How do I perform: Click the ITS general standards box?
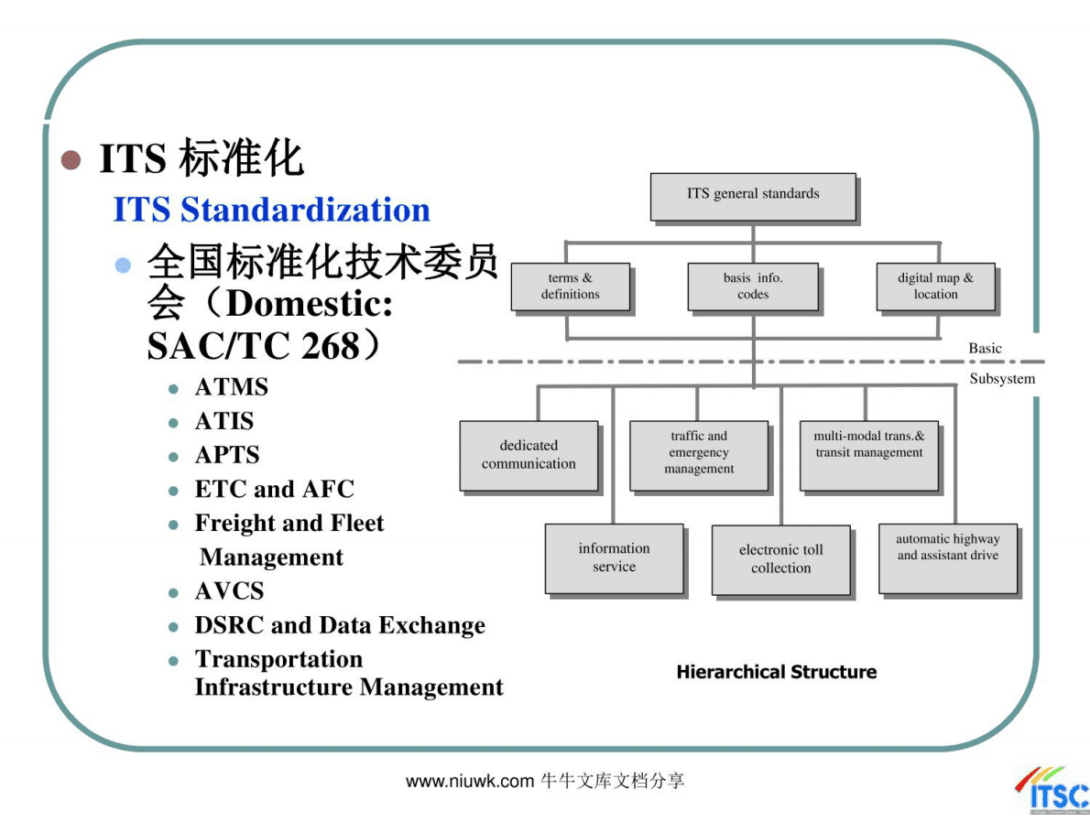(753, 196)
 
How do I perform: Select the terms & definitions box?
(570, 287)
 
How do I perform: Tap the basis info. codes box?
(752, 287)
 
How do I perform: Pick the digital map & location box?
(934, 287)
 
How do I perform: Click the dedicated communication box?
(529, 455)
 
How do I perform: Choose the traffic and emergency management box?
(698, 454)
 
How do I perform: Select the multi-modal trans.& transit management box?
(868, 454)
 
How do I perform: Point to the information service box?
(614, 557)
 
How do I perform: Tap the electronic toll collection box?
(780, 559)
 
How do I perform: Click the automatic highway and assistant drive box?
(947, 557)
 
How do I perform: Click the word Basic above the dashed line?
(985, 349)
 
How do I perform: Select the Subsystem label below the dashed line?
(1002, 379)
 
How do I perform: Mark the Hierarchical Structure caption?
(776, 672)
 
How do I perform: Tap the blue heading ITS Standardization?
(271, 210)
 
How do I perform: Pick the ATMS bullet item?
(231, 387)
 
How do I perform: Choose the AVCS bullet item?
(229, 591)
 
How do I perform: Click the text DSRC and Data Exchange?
(339, 625)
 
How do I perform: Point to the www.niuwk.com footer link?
(469, 781)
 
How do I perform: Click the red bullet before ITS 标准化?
(71, 160)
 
